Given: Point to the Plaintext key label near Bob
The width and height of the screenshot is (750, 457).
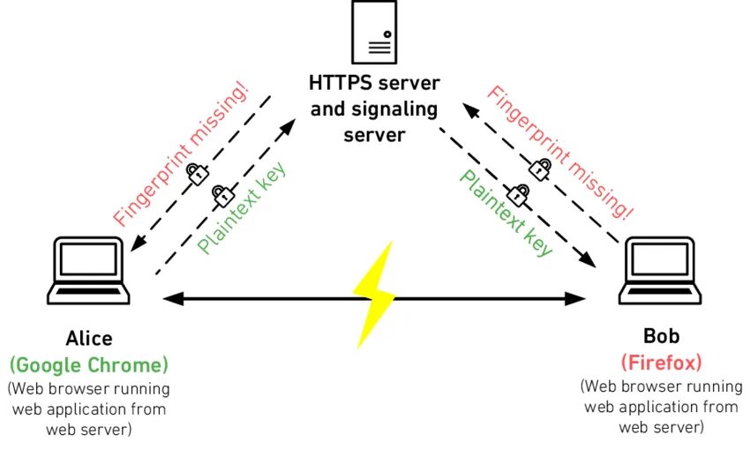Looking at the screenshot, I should [506, 212].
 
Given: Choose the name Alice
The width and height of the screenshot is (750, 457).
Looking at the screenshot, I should [89, 339].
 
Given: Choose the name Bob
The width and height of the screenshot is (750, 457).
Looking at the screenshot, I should [661, 338].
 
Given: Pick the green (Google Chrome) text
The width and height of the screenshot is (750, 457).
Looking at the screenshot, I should [89, 363].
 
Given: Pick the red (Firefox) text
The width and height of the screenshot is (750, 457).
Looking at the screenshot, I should [661, 362].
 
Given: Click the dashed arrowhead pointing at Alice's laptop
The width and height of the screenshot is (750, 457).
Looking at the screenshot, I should [137, 244].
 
